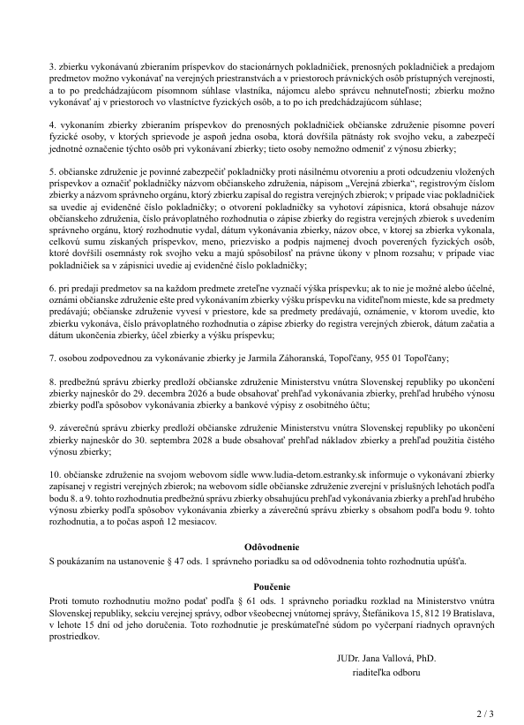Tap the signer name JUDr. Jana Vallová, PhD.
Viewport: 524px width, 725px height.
point(386,659)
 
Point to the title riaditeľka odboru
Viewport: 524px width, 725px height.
point(386,672)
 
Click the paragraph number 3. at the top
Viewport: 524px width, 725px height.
point(53,65)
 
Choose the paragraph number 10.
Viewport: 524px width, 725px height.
point(56,474)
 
